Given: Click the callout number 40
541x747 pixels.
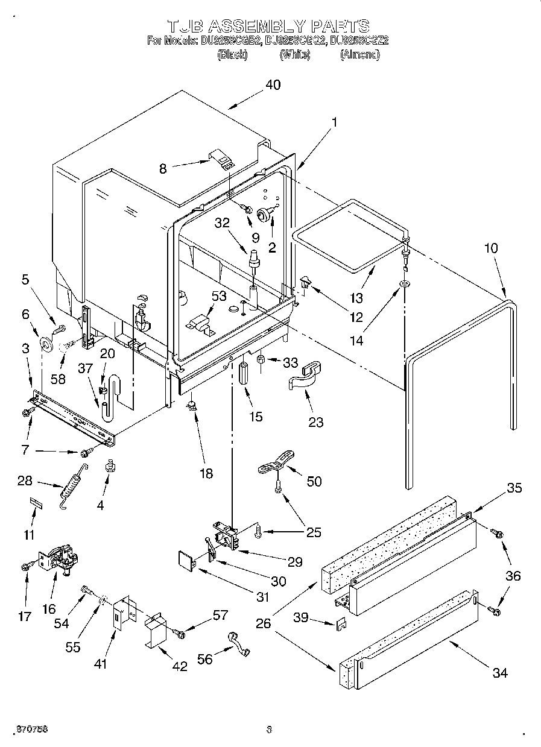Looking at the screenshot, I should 273,85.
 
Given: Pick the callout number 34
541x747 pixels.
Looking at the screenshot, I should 499,673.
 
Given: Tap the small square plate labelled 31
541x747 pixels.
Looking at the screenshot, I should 187,560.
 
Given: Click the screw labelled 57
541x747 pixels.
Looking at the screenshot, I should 179,632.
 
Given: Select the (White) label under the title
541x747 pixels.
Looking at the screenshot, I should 294,55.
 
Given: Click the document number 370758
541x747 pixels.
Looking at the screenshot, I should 33,729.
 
